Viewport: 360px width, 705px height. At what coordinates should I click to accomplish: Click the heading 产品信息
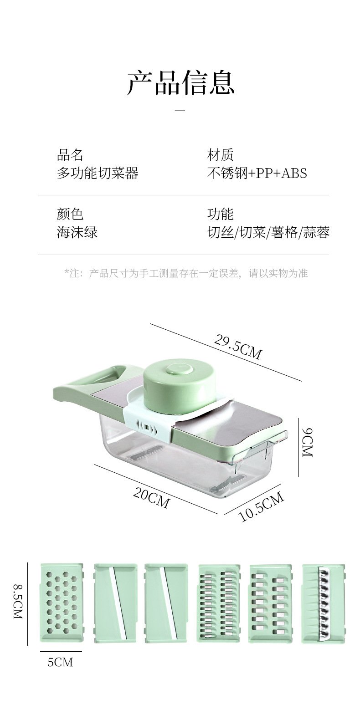coord(180,82)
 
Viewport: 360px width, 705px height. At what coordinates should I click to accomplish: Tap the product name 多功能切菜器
coord(98,173)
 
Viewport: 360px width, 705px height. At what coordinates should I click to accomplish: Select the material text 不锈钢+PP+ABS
coord(257,173)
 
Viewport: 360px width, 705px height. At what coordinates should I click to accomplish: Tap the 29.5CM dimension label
coord(238,347)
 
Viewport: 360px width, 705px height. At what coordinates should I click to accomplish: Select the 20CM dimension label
coord(151,497)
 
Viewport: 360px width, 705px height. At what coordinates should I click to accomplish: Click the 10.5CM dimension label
coord(262,507)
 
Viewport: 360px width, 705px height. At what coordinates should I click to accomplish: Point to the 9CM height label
coord(307,442)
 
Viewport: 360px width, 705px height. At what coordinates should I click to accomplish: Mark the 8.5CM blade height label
coord(18,602)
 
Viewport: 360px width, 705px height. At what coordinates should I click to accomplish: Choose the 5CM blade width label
coord(60,662)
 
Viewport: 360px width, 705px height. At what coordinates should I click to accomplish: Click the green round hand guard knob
coord(180,386)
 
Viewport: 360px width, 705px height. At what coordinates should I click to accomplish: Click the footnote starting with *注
coord(186,273)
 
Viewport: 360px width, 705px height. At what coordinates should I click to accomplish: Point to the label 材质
coord(221,155)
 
